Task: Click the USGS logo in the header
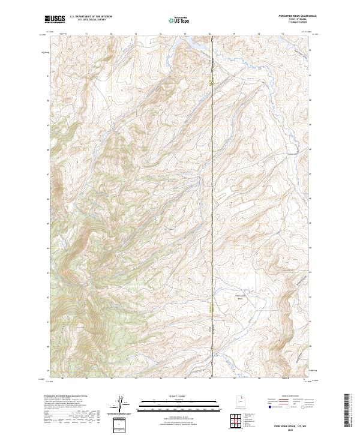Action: coord(55,19)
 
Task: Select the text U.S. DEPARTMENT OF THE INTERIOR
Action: coord(91,17)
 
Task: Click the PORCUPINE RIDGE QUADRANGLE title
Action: coord(287,16)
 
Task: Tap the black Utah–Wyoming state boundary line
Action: coord(213,180)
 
